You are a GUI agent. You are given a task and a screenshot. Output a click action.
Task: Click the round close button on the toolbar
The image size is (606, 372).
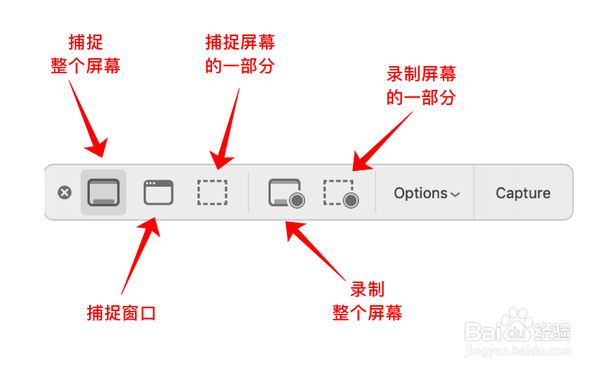[65, 192]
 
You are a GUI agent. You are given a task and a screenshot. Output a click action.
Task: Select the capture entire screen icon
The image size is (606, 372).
[104, 192]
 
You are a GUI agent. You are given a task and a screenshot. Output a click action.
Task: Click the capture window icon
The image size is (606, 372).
[158, 192]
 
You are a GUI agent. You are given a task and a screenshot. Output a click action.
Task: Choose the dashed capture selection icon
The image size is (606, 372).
[213, 192]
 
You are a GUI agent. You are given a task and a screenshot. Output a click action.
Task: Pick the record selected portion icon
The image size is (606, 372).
[340, 193]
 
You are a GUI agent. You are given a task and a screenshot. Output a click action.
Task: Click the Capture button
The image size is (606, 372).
[523, 193]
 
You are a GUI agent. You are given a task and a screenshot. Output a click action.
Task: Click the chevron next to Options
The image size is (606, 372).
[454, 195]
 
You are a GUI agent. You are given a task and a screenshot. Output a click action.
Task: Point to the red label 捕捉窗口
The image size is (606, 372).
[121, 313]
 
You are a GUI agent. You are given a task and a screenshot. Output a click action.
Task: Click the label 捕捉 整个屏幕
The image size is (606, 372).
[85, 55]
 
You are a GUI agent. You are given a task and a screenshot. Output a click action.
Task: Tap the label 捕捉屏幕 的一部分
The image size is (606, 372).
[240, 55]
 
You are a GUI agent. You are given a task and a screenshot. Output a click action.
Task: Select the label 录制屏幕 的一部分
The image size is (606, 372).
[421, 85]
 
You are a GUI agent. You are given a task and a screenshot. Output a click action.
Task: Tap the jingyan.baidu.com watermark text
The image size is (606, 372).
[518, 351]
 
